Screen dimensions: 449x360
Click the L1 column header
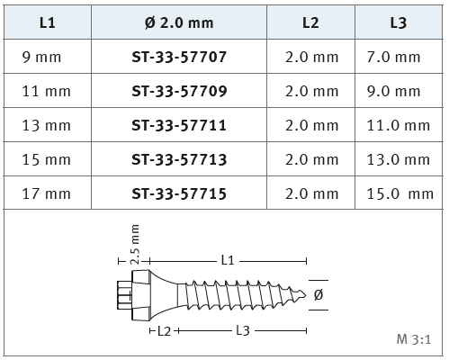tap(48, 22)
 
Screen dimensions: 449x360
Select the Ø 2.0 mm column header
tap(179, 22)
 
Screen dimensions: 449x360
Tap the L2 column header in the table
tap(310, 22)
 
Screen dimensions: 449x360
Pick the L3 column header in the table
tap(399, 22)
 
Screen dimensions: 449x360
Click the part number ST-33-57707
tap(179, 57)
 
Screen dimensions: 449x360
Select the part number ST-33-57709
tap(179, 91)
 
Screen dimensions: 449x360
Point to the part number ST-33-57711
tap(179, 125)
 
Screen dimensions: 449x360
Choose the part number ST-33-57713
tap(179, 159)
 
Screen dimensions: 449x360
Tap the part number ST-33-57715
tap(179, 193)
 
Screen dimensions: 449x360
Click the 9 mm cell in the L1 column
tap(41, 57)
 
